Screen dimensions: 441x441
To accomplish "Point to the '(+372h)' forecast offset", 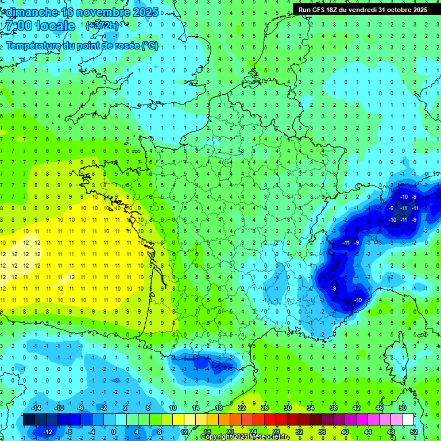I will [102, 26].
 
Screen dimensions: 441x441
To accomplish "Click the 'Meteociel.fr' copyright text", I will [265, 437].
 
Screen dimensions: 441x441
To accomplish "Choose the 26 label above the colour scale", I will [264, 408].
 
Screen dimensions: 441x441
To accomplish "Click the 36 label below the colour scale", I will [322, 432].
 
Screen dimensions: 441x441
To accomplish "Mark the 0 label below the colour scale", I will [114, 432].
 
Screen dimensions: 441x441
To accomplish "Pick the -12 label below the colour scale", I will [49, 432].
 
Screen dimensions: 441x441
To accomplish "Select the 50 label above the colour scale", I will [402, 408].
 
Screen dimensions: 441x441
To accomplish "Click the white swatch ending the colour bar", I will [408, 420].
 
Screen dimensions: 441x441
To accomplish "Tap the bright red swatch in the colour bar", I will [270, 420].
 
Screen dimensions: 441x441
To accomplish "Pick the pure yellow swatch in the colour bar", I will [178, 420].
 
